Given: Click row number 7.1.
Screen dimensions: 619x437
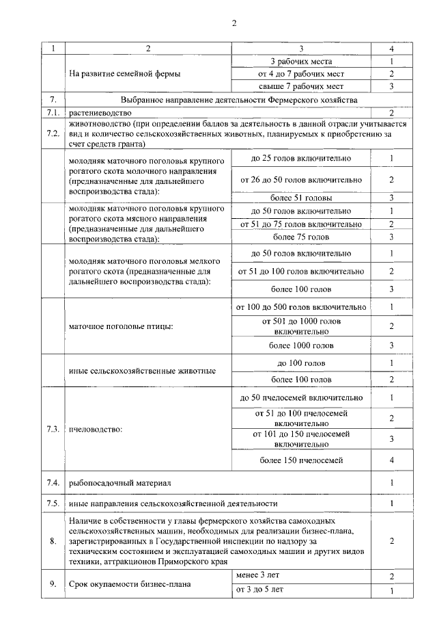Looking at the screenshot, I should tap(53, 111).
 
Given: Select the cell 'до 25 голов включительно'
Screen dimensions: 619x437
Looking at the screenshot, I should tap(300, 159).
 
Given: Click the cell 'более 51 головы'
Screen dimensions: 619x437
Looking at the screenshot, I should tap(300, 198).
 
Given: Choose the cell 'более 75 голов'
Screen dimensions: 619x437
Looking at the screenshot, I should tap(300, 237).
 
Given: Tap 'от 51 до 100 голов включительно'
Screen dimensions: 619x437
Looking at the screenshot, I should tap(300, 272).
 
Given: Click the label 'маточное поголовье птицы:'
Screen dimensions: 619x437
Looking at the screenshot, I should tap(121, 326).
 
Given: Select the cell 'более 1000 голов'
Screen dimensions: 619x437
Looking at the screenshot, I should tap(300, 345).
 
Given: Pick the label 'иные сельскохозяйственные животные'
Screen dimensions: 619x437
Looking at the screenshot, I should tap(143, 371).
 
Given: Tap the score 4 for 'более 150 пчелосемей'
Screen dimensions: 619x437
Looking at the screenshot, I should tap(391, 460).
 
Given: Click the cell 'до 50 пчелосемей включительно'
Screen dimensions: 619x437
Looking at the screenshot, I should tap(300, 397).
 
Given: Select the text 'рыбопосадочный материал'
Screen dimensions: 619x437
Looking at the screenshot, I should tap(119, 483).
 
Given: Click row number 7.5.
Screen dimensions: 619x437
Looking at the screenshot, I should tap(53, 503).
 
